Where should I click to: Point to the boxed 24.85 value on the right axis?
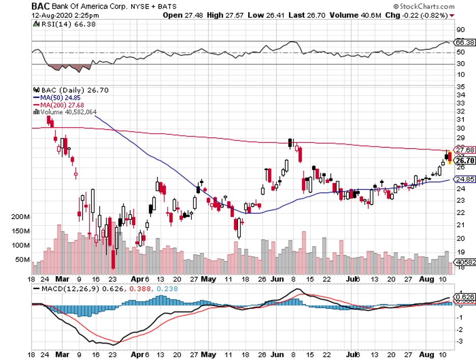[463, 179]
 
